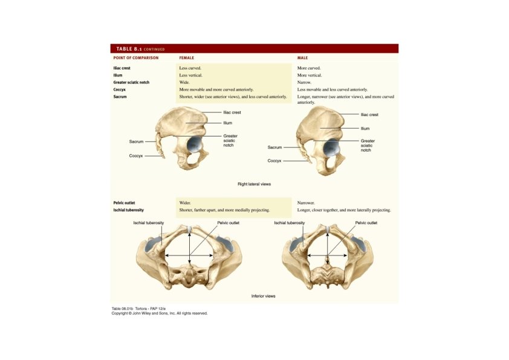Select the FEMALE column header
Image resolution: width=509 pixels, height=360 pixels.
coord(187,58)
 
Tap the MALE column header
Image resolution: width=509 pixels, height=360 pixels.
coord(302,58)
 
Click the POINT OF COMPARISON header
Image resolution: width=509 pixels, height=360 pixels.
coord(136,58)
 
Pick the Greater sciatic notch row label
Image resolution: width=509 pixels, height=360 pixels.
coord(131,82)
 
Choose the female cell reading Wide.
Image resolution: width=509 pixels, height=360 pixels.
coord(184,82)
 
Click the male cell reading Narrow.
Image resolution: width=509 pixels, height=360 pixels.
coord(305,82)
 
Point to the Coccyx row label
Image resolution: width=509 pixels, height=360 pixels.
coord(120,89)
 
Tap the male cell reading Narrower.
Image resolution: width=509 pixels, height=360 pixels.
coord(306,203)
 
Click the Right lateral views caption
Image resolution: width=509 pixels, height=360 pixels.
coord(254,184)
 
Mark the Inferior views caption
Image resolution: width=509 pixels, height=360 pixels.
coord(263,296)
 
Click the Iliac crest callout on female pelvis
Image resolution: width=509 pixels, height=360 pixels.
coord(233,112)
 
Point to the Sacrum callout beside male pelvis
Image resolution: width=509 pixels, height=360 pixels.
coord(275,147)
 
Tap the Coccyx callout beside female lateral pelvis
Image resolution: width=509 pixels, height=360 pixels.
coord(136,155)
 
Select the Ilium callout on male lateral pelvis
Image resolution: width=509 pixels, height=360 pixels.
coord(365,128)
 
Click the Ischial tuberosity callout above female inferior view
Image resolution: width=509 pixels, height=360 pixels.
coord(149,223)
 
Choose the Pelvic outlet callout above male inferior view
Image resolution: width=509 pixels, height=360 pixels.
coord(366,223)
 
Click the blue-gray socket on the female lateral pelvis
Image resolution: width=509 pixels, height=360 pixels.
coord(195,144)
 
